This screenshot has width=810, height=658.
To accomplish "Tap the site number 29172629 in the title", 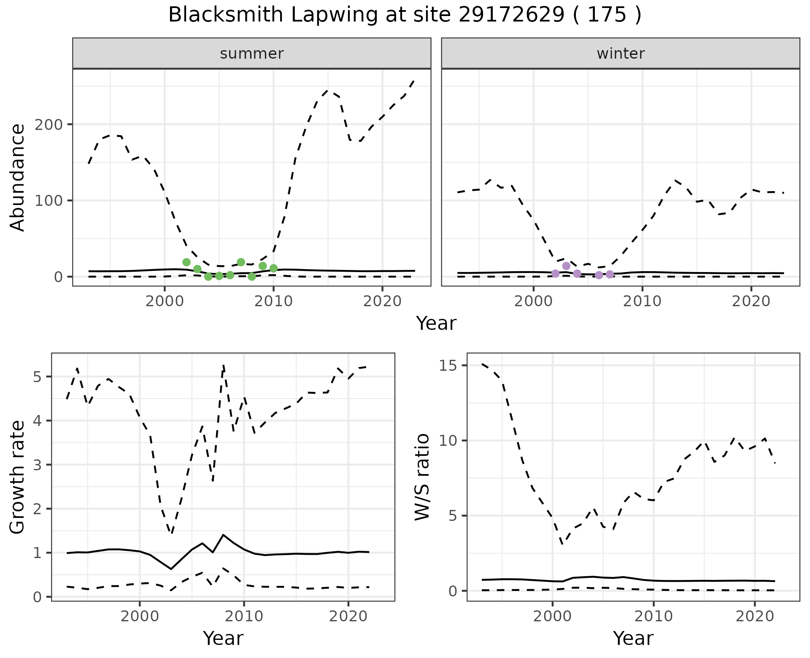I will pos(511,15).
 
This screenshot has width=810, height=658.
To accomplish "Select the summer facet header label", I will pos(252,54).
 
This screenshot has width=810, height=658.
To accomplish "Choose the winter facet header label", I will pos(621,54).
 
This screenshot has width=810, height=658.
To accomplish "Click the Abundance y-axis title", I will pos(18,178).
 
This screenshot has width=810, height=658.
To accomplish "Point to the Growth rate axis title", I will pos(18,477).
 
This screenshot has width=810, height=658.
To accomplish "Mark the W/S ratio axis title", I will pos(422,477).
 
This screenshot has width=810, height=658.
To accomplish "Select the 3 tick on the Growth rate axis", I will pos(37,465).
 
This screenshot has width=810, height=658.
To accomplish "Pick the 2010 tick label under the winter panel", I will pos(642,302).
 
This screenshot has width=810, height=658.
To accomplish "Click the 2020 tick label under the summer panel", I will pos(382,302).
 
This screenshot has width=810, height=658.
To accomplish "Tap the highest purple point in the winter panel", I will pos(566,266).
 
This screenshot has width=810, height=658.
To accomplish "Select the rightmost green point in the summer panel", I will pos(273,268).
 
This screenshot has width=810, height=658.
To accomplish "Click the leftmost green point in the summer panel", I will pos(186,262).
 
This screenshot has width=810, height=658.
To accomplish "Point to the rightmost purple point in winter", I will pos(610,275).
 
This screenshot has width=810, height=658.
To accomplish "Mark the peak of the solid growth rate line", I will pos(223,535).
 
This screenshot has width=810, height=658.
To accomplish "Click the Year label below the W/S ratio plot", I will pos(633,638).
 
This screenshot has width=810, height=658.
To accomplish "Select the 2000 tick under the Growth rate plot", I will pos(140,616).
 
